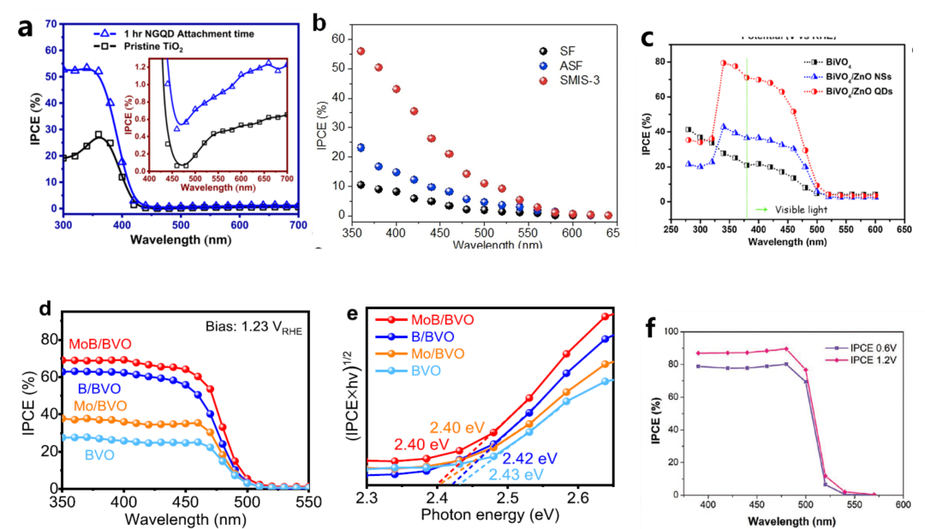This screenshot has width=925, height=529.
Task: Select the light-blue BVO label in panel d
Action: click(x=100, y=455)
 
